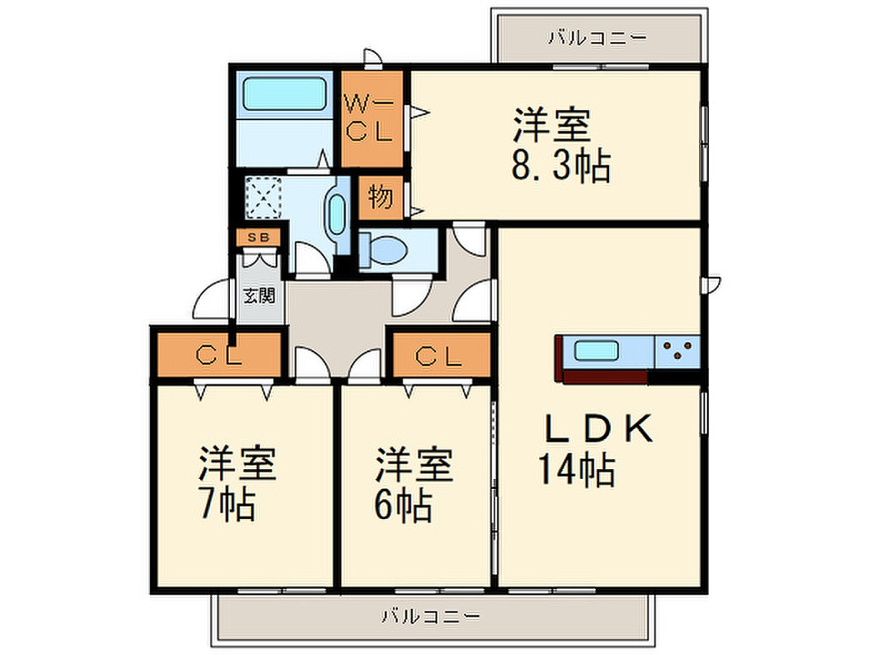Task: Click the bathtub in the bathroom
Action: [284, 94]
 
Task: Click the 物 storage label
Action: [381, 196]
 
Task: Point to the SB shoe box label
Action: [258, 238]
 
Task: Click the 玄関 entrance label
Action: [259, 296]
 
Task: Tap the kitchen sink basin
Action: [596, 351]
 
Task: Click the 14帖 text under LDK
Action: [577, 470]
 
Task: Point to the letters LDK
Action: [599, 428]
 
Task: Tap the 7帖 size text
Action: [227, 503]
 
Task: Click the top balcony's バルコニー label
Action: [597, 38]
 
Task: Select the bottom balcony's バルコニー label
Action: [431, 616]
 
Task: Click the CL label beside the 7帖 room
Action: [219, 355]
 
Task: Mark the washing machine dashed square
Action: [263, 198]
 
